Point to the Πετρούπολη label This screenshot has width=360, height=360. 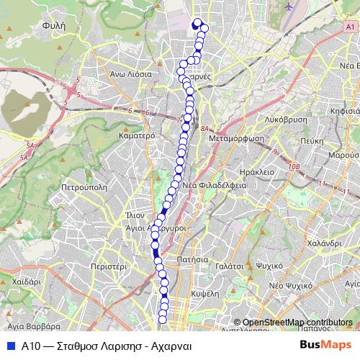pyautogui.click(x=84, y=185)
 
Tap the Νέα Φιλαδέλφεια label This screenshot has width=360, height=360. pyautogui.click(x=215, y=184)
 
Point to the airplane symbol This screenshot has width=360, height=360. pyautogui.click(x=289, y=6)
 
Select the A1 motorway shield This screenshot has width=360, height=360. pyautogui.click(x=351, y=27)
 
